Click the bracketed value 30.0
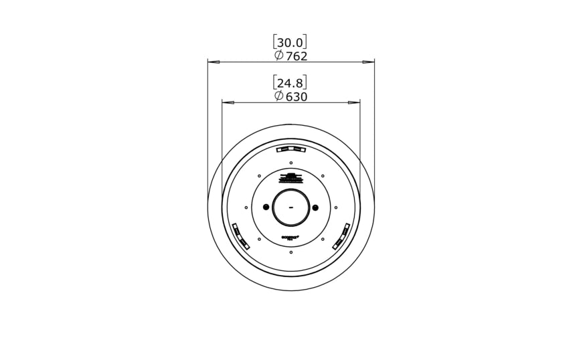(290, 43)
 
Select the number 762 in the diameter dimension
(297, 56)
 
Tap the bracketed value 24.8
(290, 83)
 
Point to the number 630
(297, 97)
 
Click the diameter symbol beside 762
(279, 56)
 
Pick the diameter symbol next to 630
(279, 97)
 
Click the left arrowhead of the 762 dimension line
(214, 62)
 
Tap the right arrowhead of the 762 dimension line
(368, 62)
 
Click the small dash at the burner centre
(291, 208)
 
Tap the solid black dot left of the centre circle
(266, 207)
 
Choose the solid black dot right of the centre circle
(316, 207)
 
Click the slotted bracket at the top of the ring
(291, 149)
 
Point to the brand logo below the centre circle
(290, 236)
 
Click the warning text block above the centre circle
(291, 179)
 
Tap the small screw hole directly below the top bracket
(291, 163)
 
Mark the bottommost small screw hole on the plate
(291, 252)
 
